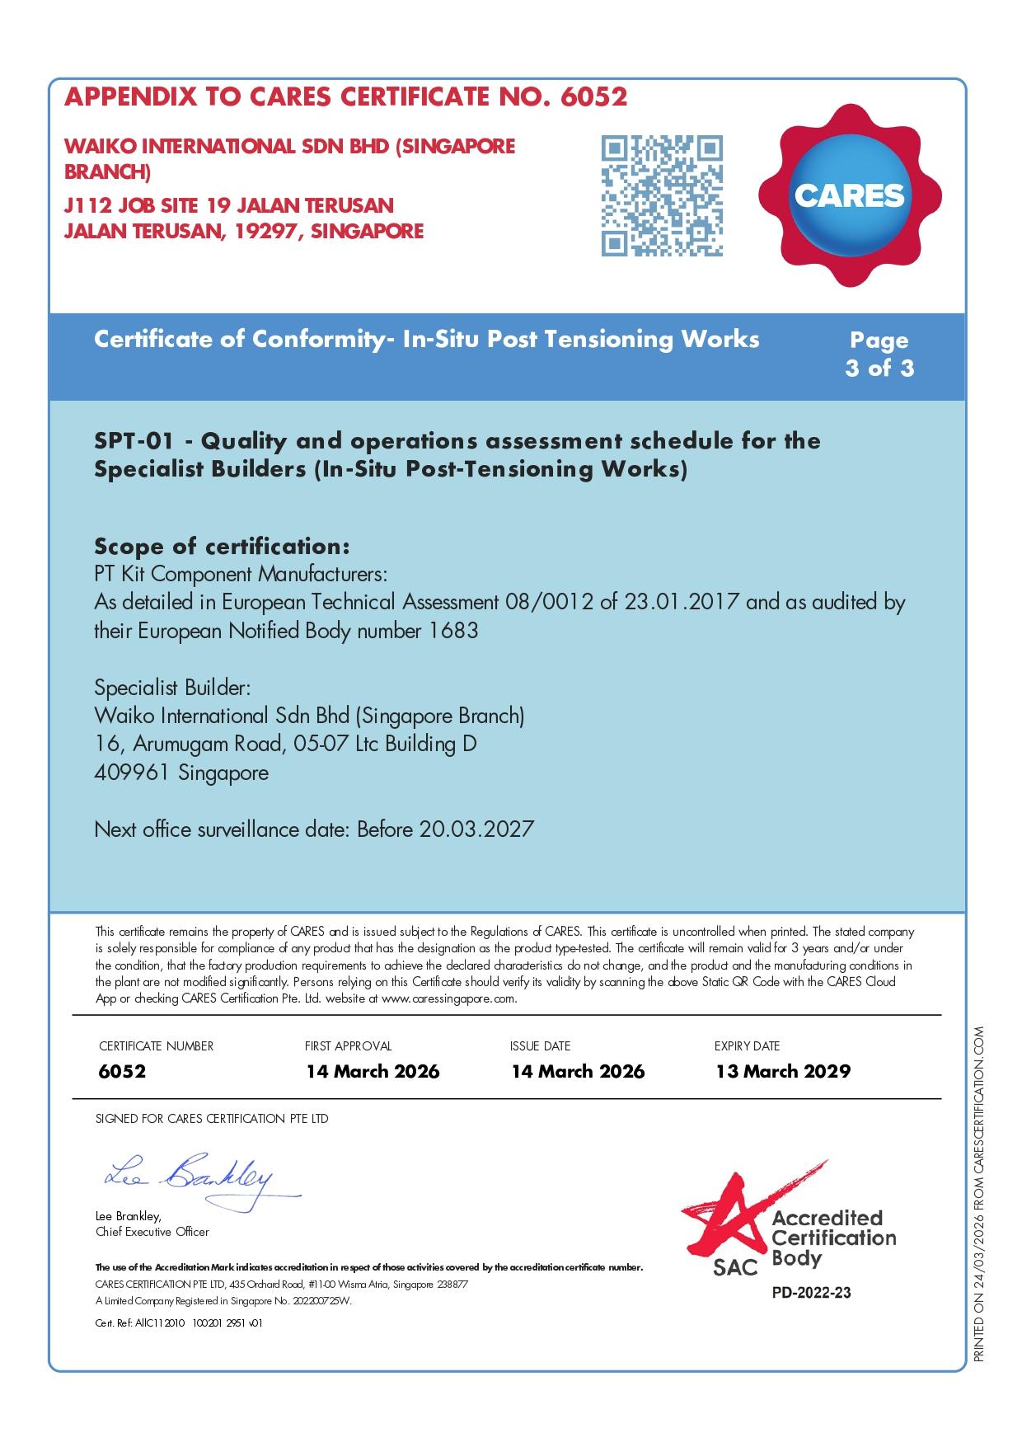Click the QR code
pyautogui.click(x=662, y=195)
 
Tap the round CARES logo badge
pyautogui.click(x=850, y=195)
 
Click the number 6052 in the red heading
pyautogui.click(x=593, y=96)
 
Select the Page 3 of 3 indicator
pyautogui.click(x=879, y=354)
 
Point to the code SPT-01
pyautogui.click(x=134, y=440)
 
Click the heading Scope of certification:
pyautogui.click(x=222, y=546)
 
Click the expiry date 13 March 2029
pyautogui.click(x=783, y=1071)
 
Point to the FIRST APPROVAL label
pyautogui.click(x=348, y=1045)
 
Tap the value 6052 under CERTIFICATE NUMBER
pyautogui.click(x=122, y=1071)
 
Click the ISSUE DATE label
pyautogui.click(x=540, y=1045)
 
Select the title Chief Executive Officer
pyautogui.click(x=152, y=1232)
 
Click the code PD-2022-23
pyautogui.click(x=811, y=1293)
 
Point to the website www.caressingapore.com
pyautogui.click(x=448, y=998)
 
